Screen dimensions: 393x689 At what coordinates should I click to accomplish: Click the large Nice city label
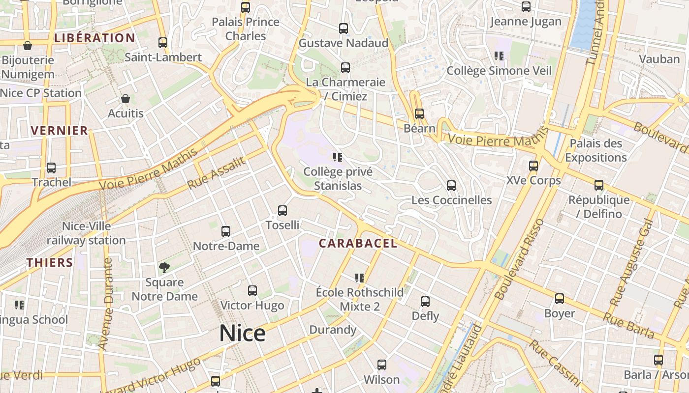pos(242,334)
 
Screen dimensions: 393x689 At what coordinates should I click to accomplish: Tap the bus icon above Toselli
pos(282,211)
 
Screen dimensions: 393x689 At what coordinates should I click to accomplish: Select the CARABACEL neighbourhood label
pos(358,243)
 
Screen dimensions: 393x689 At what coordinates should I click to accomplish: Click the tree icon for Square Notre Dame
pos(164,268)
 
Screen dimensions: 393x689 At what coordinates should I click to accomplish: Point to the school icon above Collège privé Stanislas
pos(338,157)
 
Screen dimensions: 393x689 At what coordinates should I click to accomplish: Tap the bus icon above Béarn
pos(419,114)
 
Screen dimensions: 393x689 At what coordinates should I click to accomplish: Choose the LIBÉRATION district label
pos(94,38)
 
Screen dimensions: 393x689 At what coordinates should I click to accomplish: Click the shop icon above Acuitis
pos(125,99)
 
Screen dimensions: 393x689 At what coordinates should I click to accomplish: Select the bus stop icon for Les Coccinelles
pos(451,186)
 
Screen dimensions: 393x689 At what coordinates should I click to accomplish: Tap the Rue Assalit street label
pos(216,173)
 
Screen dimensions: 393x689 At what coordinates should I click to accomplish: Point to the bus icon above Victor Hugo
pos(252,291)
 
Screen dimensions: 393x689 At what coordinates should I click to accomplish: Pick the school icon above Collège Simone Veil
pos(499,56)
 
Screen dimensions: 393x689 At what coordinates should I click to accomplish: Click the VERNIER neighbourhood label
pos(59,130)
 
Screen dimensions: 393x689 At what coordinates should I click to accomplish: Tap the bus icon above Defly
pos(425,302)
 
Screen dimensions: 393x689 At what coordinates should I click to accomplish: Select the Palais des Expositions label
pos(595,150)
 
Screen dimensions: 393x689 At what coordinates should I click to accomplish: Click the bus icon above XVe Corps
pos(533,166)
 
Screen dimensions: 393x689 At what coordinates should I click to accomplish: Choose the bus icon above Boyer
pos(560,299)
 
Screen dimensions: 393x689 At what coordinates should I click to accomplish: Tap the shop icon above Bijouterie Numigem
pos(28,46)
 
